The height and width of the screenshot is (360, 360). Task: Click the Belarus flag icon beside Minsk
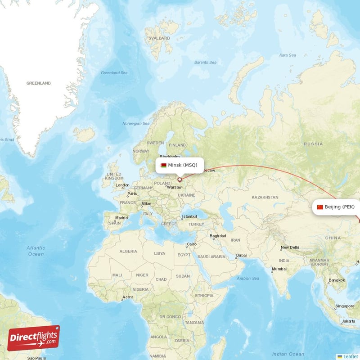point(163,165)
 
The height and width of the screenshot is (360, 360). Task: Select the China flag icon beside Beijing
point(320,207)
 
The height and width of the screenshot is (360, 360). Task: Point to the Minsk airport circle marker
point(180,180)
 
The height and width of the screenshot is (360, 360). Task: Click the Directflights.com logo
point(34,337)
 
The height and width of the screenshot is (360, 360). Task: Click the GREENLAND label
point(39,83)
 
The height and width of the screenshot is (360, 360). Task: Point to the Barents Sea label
point(205,62)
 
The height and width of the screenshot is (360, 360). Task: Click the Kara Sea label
point(288,55)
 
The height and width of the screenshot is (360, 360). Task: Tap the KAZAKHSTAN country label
point(265,198)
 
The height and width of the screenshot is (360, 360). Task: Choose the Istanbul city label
point(189,216)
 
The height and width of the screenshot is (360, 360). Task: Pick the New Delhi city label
point(290,247)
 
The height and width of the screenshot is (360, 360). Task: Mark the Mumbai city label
point(279,269)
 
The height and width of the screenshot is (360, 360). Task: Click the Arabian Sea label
point(249,279)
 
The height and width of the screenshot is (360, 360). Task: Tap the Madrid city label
point(121,218)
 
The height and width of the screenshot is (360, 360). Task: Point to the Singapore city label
point(344,306)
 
